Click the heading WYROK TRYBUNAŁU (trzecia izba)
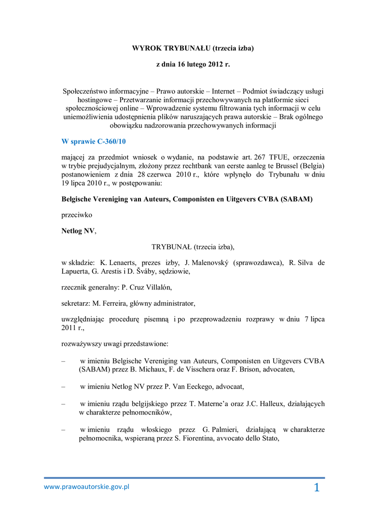(x=193, y=48)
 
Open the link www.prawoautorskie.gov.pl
(x=87, y=486)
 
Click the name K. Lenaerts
(x=118, y=263)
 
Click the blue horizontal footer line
(x=184, y=478)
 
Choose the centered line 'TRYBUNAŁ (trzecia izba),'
(x=193, y=247)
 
